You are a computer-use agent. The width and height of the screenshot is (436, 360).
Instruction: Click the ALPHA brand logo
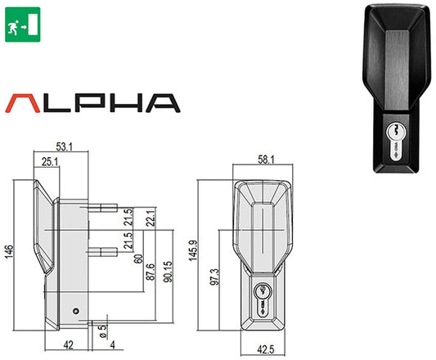click(92, 102)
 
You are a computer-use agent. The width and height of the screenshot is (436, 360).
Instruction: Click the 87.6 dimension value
click(150, 271)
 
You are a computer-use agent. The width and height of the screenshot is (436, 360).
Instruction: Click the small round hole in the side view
click(74, 312)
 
